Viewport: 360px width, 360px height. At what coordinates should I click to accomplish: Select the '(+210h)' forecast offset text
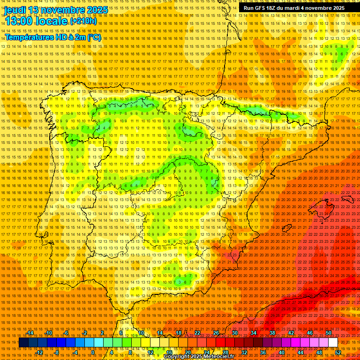(83, 21)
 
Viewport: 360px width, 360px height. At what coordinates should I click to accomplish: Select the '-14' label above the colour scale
(30, 333)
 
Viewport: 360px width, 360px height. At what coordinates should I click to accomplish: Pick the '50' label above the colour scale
(329, 333)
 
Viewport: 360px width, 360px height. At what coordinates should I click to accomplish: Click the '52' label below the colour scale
(337, 352)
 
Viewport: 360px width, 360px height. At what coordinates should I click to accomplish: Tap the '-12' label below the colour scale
(39, 352)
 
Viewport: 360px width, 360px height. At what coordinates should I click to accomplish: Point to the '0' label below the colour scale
(94, 352)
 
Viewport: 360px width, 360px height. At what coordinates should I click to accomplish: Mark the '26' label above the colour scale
(216, 333)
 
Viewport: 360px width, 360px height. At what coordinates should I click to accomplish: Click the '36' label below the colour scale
(263, 352)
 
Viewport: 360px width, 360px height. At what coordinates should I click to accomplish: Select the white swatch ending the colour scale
(333, 343)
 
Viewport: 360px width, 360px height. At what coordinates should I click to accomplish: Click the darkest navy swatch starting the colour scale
(23, 343)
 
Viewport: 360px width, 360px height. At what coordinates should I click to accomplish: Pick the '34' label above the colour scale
(254, 333)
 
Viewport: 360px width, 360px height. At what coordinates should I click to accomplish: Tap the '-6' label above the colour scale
(67, 333)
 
